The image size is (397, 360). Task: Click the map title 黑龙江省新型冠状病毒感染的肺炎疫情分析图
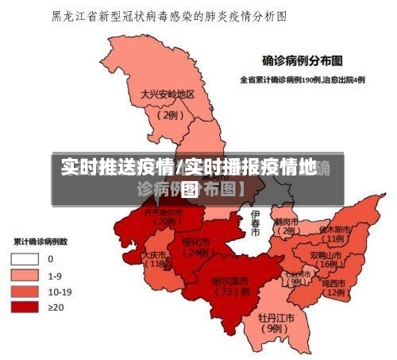tap(168, 15)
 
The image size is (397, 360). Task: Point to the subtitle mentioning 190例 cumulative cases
tap(303, 79)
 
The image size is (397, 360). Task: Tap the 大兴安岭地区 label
tap(168, 95)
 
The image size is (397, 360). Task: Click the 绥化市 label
tap(195, 242)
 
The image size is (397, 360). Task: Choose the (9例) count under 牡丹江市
tap(274, 327)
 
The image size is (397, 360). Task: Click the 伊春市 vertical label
tap(255, 223)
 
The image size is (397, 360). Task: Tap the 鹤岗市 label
tap(284, 221)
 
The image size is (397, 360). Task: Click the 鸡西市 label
tap(334, 282)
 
